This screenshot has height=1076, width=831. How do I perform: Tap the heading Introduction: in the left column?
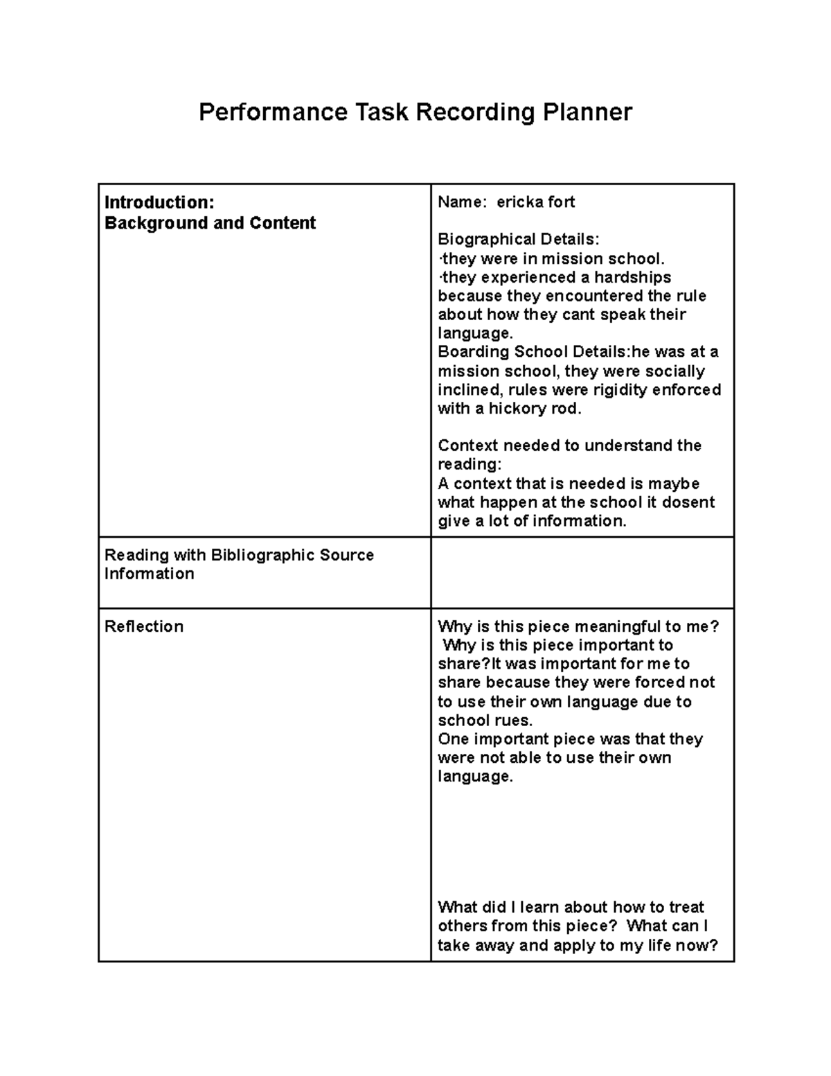coord(159,202)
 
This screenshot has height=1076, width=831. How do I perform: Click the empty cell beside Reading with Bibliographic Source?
coord(582,573)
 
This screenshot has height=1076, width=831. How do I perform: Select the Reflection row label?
coord(144,626)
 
